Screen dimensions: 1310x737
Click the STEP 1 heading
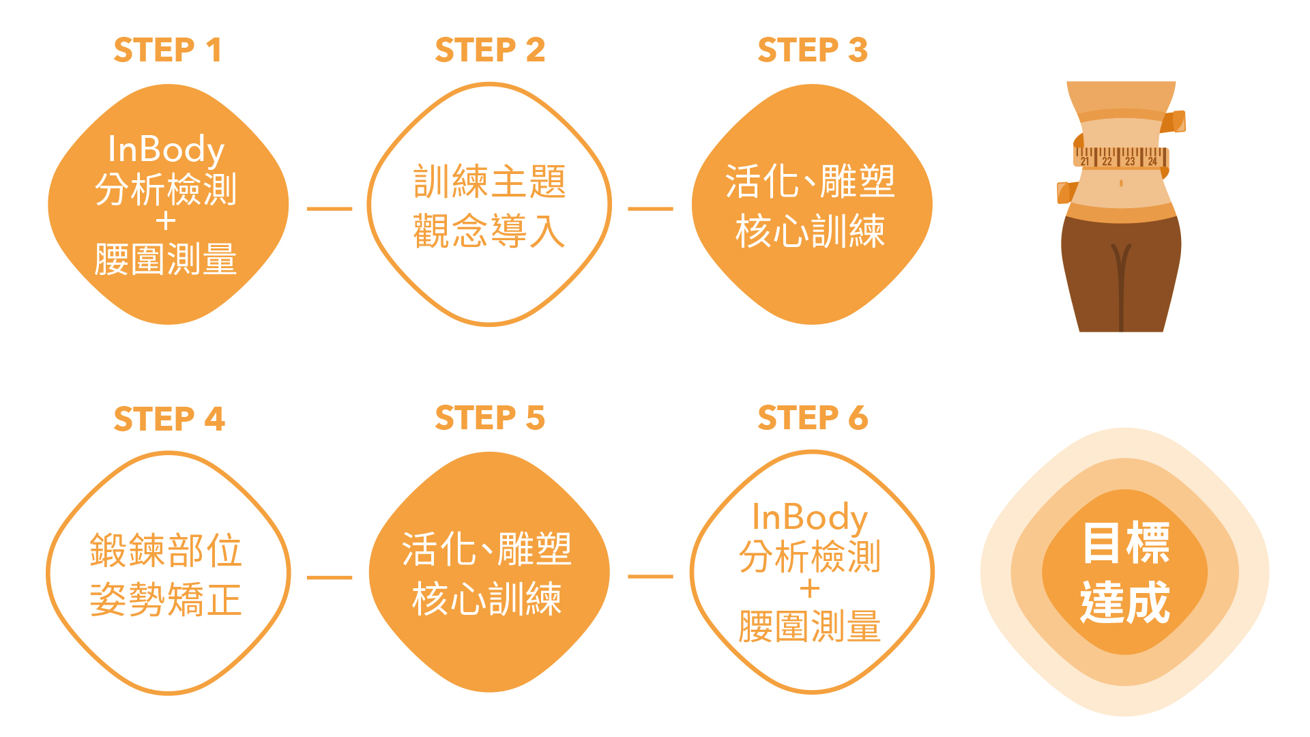[x=168, y=50]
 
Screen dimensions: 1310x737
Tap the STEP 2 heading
[x=490, y=50]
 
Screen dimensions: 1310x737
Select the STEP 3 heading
[x=813, y=50]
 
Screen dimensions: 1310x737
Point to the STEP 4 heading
[x=169, y=419]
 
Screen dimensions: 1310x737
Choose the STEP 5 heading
[x=490, y=418]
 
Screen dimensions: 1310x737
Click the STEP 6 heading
[x=813, y=418]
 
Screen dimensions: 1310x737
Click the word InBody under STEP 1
[x=166, y=150]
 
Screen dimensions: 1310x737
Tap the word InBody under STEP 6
[x=809, y=518]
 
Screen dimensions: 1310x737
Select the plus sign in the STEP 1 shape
[x=166, y=222]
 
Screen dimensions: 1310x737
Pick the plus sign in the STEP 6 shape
[x=810, y=589]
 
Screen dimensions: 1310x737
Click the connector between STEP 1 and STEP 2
[x=330, y=209]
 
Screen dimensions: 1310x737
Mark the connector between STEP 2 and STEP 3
[x=650, y=209]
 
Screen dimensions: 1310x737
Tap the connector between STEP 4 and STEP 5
[x=330, y=577]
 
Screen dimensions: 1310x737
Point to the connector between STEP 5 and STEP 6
[x=650, y=577]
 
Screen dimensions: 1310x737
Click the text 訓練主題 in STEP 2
[x=490, y=182]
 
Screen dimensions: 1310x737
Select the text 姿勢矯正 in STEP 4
[x=166, y=600]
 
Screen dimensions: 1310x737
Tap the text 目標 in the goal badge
[x=1126, y=543]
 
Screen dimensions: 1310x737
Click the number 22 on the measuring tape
[x=1107, y=162]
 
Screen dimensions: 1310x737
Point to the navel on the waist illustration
[x=1121, y=183]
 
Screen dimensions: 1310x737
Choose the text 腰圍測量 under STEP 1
[x=166, y=259]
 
